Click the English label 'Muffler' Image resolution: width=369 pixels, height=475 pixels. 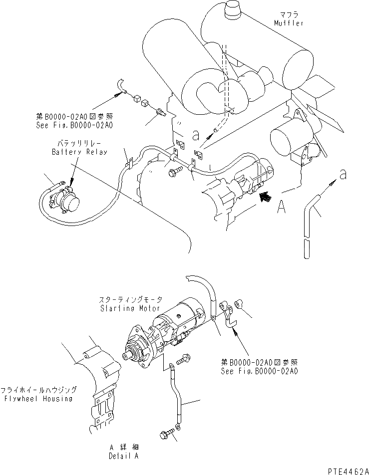coord(289,23)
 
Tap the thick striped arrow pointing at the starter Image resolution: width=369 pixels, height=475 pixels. coord(266,196)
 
